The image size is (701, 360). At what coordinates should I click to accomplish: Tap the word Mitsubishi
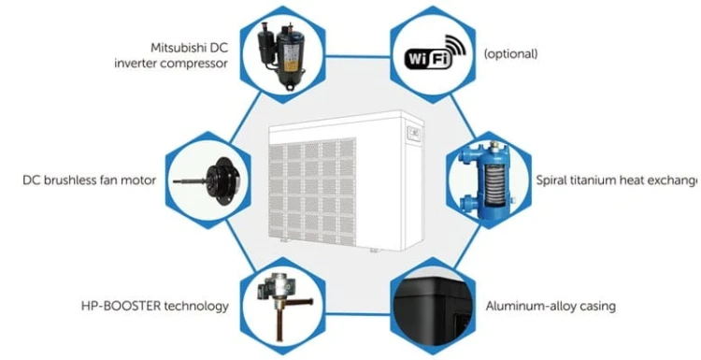[x=180, y=46]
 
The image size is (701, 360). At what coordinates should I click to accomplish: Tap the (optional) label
[x=510, y=53]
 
